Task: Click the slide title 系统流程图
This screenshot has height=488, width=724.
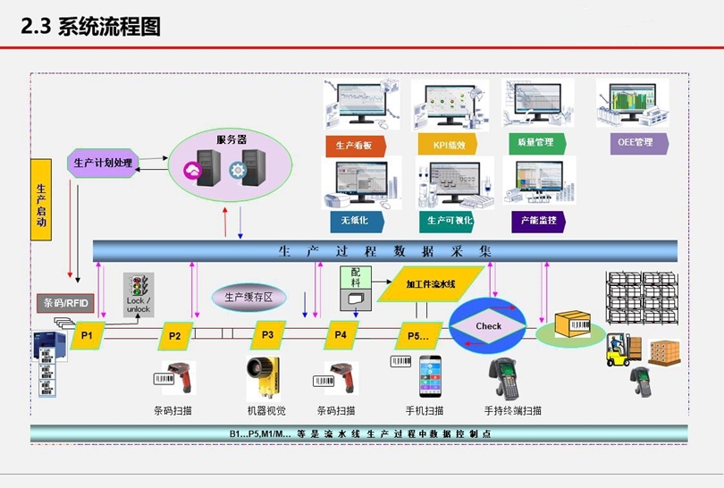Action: point(109,27)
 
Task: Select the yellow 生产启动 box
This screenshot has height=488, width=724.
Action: point(40,201)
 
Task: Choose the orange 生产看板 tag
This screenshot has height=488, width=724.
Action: point(355,145)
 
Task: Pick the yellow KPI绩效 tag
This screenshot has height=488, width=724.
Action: point(445,144)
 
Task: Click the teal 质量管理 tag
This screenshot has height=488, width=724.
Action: point(535,143)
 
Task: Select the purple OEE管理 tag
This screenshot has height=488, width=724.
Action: point(633,142)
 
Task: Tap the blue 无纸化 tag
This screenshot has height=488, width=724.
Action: point(354,220)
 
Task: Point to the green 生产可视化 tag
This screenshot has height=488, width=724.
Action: point(445,221)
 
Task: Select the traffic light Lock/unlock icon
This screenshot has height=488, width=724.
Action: point(139,294)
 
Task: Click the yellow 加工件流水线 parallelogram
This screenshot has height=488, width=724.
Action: point(431,284)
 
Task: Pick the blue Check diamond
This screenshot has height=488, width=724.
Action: point(488,326)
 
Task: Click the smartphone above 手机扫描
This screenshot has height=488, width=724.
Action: point(431,376)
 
